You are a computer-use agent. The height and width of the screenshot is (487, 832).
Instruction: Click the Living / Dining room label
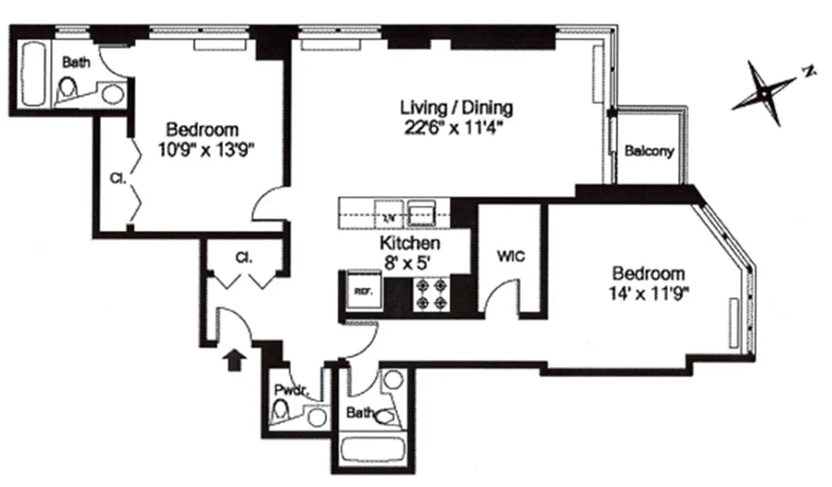point(456,108)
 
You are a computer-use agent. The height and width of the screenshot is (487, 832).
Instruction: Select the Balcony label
point(650,152)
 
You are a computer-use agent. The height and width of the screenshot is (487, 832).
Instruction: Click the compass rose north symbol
point(764,93)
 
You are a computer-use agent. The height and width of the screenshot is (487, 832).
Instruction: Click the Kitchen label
point(409,243)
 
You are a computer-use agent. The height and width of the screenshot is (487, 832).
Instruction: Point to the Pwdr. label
point(285,390)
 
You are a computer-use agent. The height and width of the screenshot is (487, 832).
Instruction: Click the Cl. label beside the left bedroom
point(117,179)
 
